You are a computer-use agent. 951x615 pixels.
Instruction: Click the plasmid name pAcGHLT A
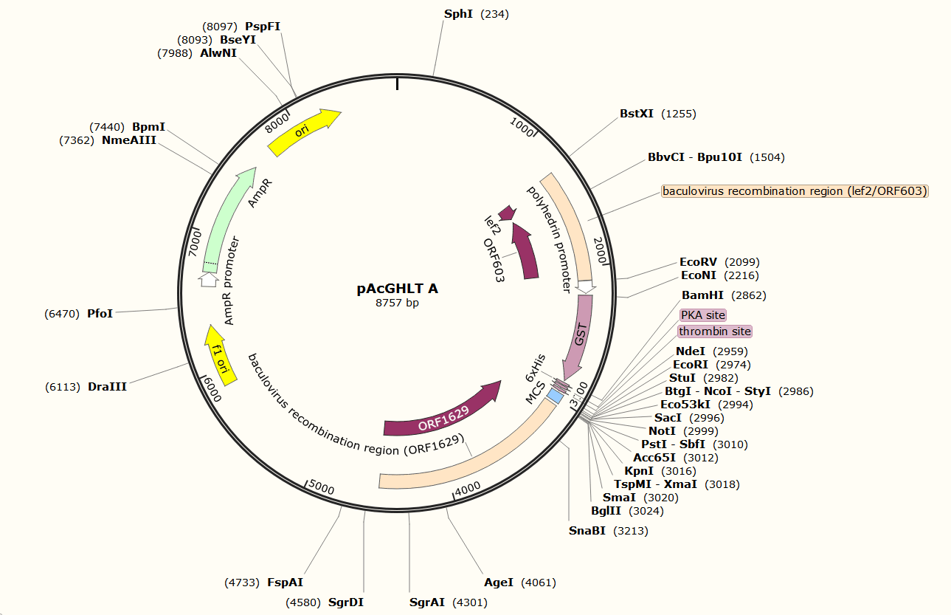[x=397, y=289]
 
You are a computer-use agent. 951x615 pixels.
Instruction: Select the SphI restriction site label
[x=458, y=14]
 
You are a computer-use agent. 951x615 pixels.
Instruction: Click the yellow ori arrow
[x=303, y=131]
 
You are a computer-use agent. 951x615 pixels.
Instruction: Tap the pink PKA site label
[x=702, y=315]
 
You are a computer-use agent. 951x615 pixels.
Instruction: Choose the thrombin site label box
[x=714, y=331]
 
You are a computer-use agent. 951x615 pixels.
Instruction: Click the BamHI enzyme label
[x=702, y=295]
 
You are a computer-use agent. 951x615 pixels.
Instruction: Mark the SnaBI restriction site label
[x=587, y=530]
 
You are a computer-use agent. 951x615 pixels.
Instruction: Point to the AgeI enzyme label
[x=498, y=583]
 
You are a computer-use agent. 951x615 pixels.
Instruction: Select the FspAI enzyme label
[x=285, y=583]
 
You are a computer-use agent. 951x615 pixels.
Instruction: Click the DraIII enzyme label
[x=107, y=386]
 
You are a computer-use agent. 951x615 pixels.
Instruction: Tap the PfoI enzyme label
[x=100, y=314]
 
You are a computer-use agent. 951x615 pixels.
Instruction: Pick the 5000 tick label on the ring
[x=321, y=488]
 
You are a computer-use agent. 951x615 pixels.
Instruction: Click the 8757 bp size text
[x=397, y=303]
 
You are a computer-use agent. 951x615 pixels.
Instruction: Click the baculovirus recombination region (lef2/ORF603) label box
[x=795, y=191]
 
